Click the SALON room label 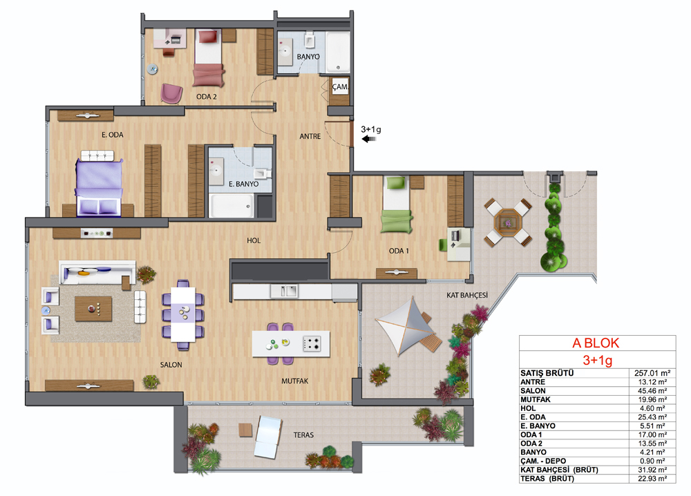click(x=171, y=365)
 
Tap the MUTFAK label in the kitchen click(x=295, y=381)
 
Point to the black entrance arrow click(x=368, y=139)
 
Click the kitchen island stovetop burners click(x=312, y=343)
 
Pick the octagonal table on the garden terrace click(x=508, y=223)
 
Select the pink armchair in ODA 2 click(x=171, y=93)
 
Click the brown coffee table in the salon click(x=93, y=309)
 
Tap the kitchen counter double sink click(x=284, y=291)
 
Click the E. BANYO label click(x=244, y=184)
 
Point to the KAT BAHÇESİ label click(x=467, y=295)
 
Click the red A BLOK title click(x=596, y=343)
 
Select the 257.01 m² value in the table click(x=652, y=373)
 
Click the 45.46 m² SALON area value click(x=652, y=391)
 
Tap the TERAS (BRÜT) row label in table click(x=547, y=478)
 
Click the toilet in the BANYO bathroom click(x=310, y=40)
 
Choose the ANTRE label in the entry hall click(x=310, y=137)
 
